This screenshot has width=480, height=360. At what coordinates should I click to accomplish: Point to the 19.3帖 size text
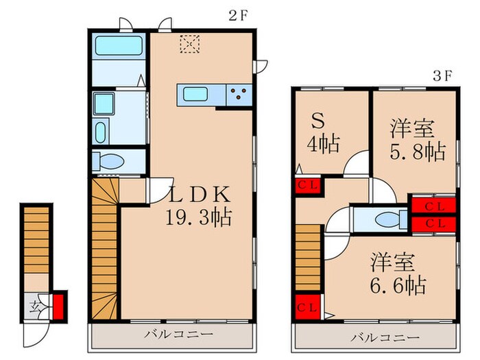point(198,218)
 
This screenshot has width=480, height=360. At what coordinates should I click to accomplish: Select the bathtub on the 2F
point(118,47)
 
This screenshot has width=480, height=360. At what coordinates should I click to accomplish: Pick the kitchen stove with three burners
point(239,95)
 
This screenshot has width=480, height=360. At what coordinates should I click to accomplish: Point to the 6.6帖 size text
point(399,284)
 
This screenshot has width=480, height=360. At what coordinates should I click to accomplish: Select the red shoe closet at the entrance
point(59,304)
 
